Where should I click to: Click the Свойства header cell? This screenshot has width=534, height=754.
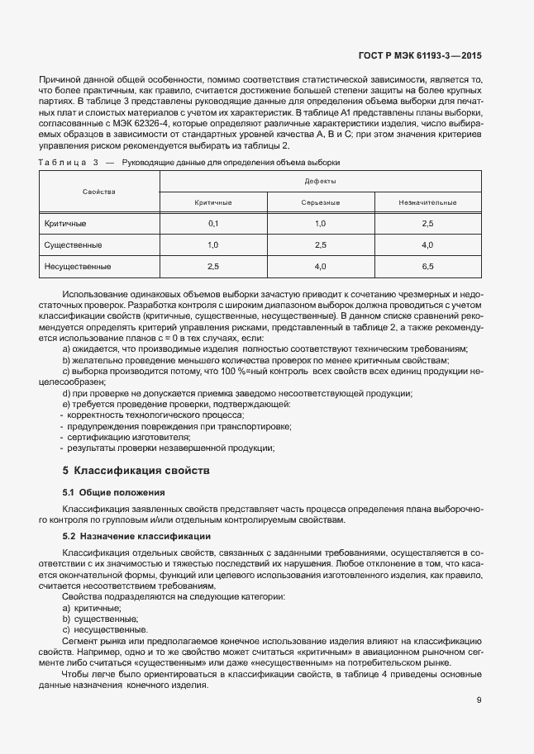click(x=99, y=191)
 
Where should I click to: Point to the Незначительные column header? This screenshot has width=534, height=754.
click(x=427, y=202)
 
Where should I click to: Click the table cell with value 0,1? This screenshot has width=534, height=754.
click(x=213, y=224)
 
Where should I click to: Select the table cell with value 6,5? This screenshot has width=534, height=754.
click(x=427, y=267)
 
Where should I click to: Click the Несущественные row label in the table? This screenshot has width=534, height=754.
click(x=77, y=267)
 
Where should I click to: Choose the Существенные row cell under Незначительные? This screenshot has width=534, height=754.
click(x=427, y=245)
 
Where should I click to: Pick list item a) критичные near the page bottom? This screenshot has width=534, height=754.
click(x=92, y=607)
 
